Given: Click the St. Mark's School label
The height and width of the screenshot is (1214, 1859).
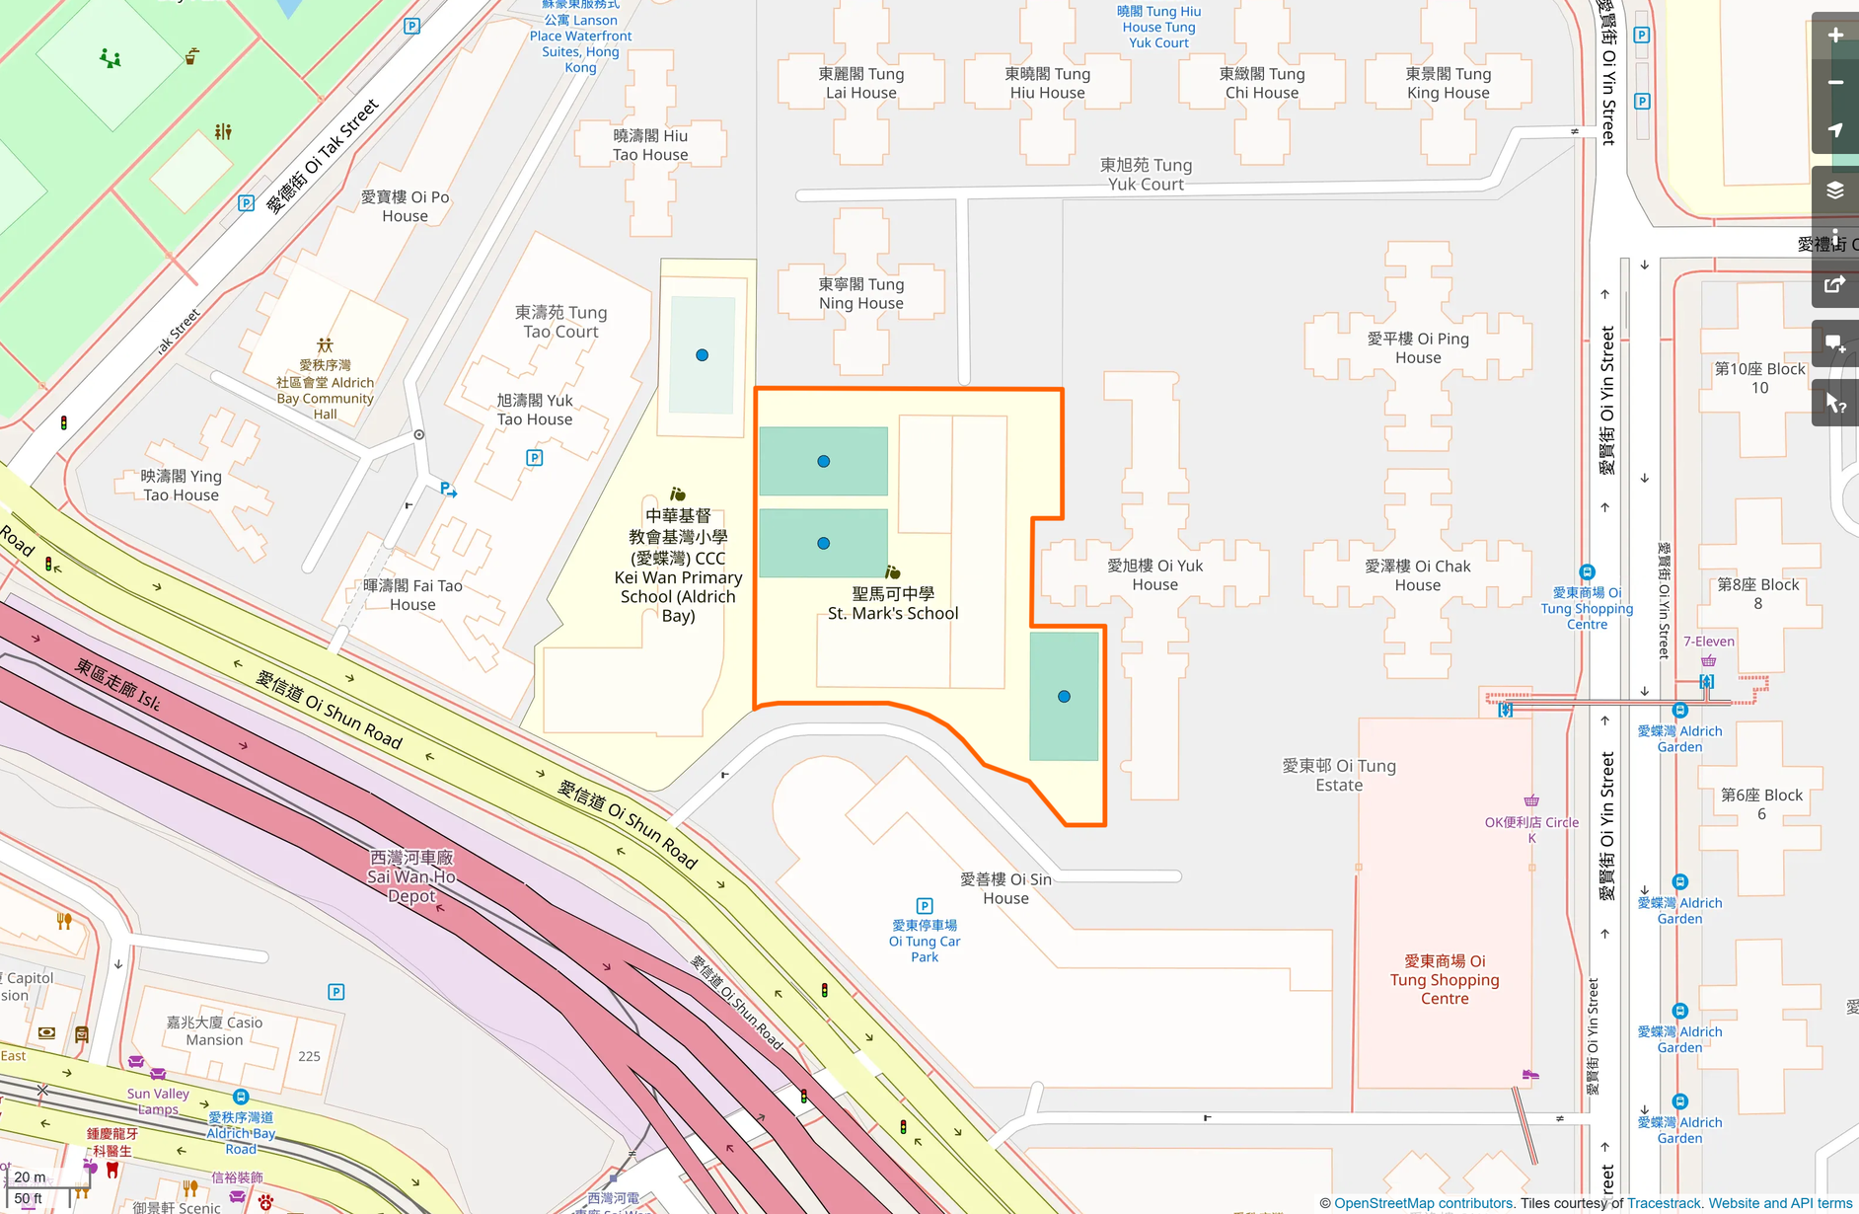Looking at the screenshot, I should (x=893, y=603).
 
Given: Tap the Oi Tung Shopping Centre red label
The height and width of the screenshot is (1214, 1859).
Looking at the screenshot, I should (x=1445, y=979).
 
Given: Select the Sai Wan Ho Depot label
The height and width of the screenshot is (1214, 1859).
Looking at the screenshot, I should (x=411, y=876).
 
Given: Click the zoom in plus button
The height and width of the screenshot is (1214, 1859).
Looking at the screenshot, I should (x=1835, y=36).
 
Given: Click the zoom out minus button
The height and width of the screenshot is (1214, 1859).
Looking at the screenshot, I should (x=1835, y=83).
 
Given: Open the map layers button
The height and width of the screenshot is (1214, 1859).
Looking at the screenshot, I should (x=1835, y=190).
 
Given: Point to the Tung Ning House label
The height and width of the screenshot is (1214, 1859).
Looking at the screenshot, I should (x=861, y=293).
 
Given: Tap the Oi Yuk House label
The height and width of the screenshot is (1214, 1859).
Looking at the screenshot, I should (x=1154, y=574).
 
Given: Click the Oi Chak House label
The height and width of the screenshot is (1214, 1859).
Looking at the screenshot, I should (x=1417, y=575).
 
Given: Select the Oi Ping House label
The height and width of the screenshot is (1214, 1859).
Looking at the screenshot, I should (x=1418, y=347).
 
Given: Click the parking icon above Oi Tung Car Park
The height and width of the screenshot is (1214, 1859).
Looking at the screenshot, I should (x=925, y=905).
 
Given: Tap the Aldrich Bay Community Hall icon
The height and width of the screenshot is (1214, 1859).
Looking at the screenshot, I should (x=325, y=345).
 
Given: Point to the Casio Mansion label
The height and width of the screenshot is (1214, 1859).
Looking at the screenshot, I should (x=214, y=1031).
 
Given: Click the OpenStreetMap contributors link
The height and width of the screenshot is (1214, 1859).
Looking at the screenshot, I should (x=1423, y=1203).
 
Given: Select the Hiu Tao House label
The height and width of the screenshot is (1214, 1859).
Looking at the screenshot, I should (x=650, y=145).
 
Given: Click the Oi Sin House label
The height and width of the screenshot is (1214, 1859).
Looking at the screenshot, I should (x=1005, y=888).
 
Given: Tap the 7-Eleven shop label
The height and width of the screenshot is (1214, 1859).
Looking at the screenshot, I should (x=1708, y=642).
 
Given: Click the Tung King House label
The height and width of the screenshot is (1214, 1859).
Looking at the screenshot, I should (x=1448, y=83).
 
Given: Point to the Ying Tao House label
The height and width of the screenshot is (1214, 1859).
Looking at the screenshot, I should (x=182, y=486).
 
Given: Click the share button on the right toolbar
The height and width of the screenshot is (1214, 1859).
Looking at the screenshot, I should (x=1835, y=285).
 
